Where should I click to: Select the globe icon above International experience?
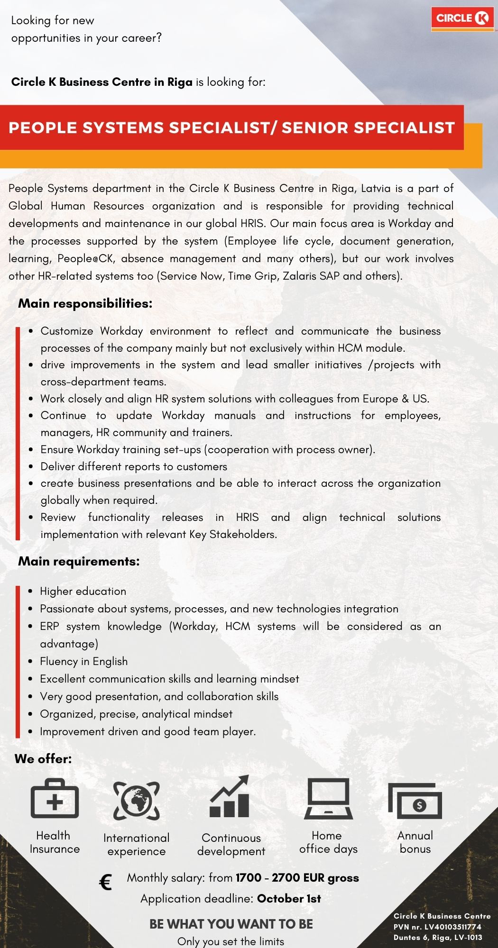pyautogui.click(x=137, y=801)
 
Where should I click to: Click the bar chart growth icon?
pyautogui.click(x=230, y=797)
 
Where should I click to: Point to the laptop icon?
pyautogui.click(x=328, y=799)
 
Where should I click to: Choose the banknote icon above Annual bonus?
pyautogui.click(x=415, y=801)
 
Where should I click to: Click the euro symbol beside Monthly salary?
pyautogui.click(x=106, y=882)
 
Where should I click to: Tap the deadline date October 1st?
pyautogui.click(x=289, y=899)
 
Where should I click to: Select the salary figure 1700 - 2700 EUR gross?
pyautogui.click(x=297, y=878)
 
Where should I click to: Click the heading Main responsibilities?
pyautogui.click(x=85, y=303)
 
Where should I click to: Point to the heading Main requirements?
pyautogui.click(x=79, y=561)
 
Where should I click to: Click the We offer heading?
pyautogui.click(x=43, y=759)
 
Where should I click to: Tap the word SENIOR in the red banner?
pyautogui.click(x=315, y=128)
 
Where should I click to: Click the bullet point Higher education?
pyautogui.click(x=83, y=591)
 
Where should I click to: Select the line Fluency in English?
pyautogui.click(x=83, y=661)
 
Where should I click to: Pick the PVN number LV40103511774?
pyautogui.click(x=452, y=927)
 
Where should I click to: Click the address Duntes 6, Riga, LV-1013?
pyautogui.click(x=438, y=937)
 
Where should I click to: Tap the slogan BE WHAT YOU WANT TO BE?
pyautogui.click(x=231, y=924)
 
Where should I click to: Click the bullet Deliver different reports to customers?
pyautogui.click(x=134, y=466)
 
